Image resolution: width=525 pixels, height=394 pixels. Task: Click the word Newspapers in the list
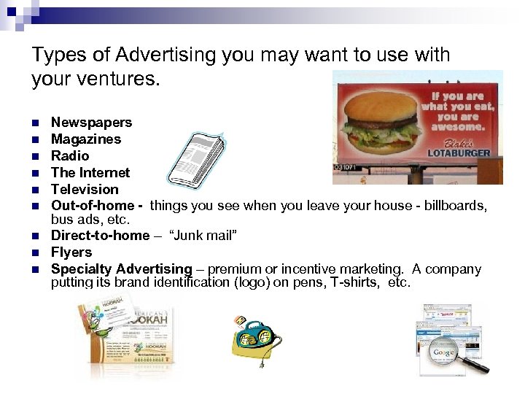point(91,123)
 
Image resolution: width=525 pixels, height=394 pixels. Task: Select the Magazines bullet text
point(86,139)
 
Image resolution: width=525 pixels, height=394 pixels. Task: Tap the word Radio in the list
point(70,156)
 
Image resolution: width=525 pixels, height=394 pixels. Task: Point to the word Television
point(85,190)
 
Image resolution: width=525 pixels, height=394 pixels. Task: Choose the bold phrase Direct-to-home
point(100,236)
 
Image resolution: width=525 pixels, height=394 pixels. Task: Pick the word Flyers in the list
point(71,252)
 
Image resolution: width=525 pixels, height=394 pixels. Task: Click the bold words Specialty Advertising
point(121,269)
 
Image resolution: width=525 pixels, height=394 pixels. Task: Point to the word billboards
point(454,206)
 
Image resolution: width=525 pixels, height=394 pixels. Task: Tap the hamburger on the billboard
point(381,117)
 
